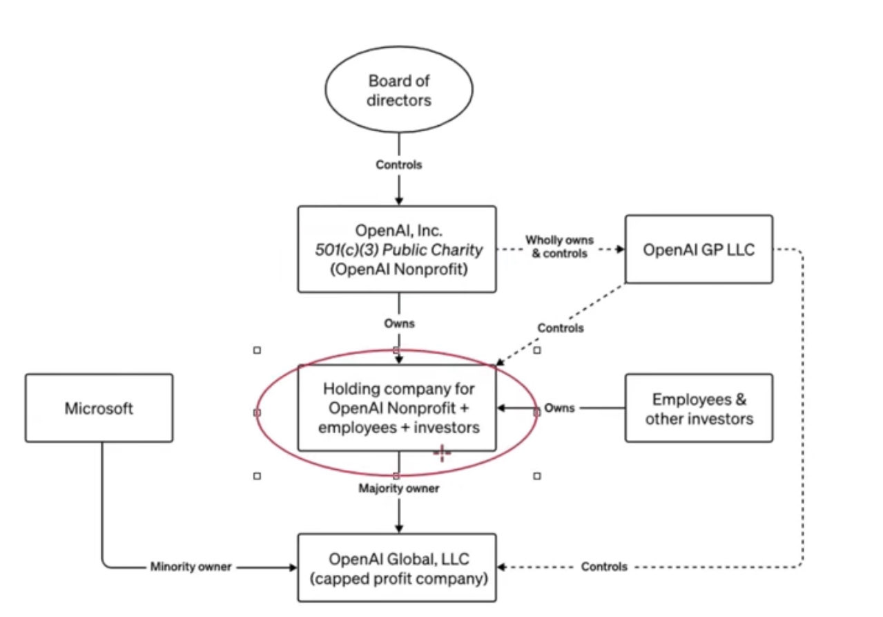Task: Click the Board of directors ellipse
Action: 398,91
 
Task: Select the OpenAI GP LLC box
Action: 699,249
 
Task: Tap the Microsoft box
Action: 99,408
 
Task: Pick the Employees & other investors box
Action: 699,408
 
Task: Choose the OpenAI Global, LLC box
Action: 397,567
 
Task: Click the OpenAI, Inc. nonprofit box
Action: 397,249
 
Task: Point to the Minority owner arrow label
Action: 191,567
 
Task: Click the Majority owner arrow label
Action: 399,488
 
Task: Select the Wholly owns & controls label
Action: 557,247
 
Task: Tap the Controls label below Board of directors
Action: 399,165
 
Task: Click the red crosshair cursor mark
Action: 442,453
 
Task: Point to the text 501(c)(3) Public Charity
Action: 397,249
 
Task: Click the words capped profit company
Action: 397,578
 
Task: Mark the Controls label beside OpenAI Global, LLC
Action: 604,567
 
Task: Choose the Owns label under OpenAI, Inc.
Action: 399,323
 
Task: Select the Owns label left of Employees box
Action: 559,408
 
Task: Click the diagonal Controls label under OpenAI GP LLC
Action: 561,328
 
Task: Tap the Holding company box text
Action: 397,408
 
